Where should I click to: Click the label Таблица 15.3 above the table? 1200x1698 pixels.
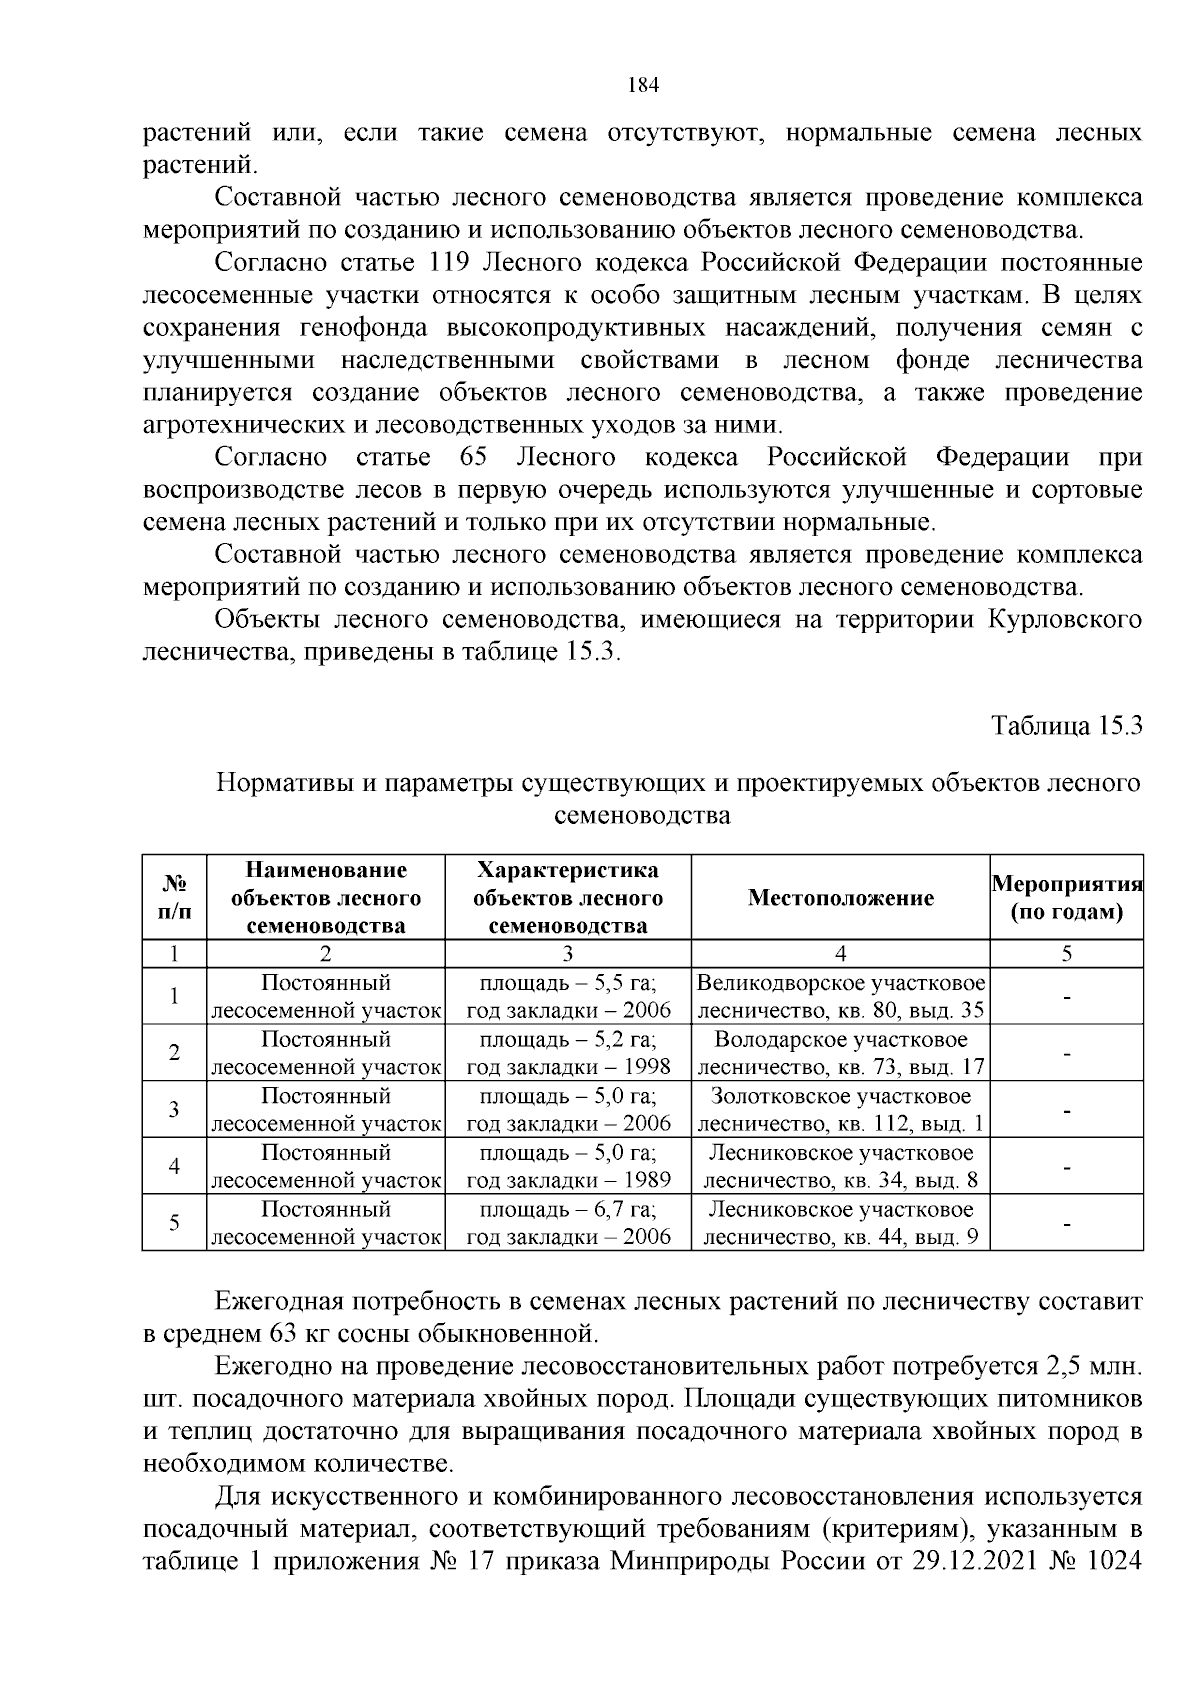pyautogui.click(x=1066, y=726)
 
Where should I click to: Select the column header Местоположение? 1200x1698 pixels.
pyautogui.click(x=840, y=898)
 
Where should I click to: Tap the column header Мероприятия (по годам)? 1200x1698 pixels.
pyautogui.click(x=1067, y=898)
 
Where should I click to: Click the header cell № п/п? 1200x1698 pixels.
pyautogui.click(x=175, y=898)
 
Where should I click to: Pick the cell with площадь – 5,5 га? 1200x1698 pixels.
pyautogui.click(x=567, y=982)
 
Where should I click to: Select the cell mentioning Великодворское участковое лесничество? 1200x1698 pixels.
pyautogui.click(x=840, y=996)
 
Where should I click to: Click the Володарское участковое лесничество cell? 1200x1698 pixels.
pyautogui.click(x=840, y=1053)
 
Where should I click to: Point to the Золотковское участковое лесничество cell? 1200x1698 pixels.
pyautogui.click(x=840, y=1110)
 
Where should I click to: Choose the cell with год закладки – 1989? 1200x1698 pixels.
pyautogui.click(x=567, y=1181)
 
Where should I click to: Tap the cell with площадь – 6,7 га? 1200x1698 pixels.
pyautogui.click(x=567, y=1209)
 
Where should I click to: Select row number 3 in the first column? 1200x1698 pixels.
pyautogui.click(x=175, y=1109)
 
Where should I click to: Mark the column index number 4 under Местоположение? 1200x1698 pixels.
pyautogui.click(x=840, y=953)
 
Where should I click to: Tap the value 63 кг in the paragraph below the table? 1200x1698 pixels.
pyautogui.click(x=293, y=1334)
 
